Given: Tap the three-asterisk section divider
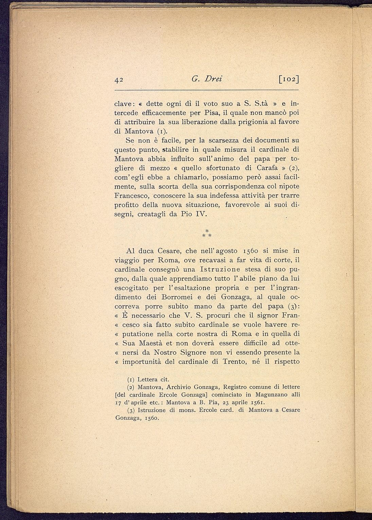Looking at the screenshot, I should coord(207,233).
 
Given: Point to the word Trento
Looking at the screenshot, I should coord(235,361).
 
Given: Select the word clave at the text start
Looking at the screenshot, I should coord(124,103).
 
